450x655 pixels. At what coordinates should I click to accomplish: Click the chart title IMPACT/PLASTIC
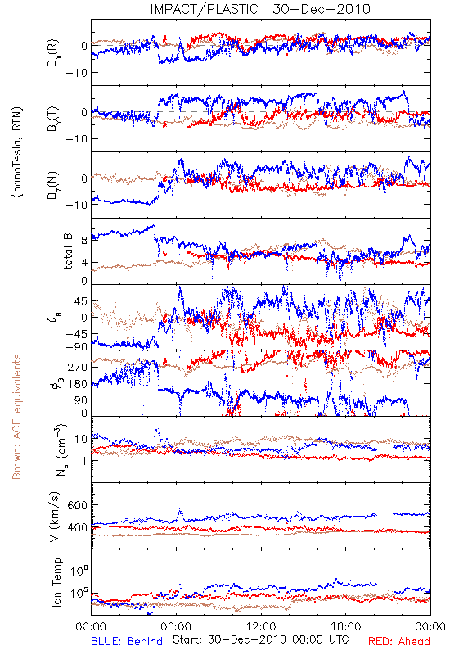(x=204, y=9)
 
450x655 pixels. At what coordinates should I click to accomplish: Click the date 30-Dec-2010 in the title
(x=322, y=9)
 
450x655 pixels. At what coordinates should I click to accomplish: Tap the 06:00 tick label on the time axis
(x=176, y=626)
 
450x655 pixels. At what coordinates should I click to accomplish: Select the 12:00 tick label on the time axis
(x=261, y=626)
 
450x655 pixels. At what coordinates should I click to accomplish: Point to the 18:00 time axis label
(x=346, y=626)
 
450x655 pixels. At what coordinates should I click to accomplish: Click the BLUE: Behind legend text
(x=127, y=641)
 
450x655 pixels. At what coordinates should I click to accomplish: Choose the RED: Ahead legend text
(x=398, y=641)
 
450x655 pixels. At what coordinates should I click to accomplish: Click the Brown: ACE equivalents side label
(x=16, y=417)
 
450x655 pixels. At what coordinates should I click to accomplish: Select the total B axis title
(x=68, y=251)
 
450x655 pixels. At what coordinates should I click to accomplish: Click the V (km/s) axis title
(x=55, y=517)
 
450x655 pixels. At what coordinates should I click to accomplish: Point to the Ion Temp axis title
(x=56, y=582)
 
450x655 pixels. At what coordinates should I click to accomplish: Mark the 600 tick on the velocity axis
(x=78, y=505)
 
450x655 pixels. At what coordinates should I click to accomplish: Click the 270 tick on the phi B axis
(x=78, y=367)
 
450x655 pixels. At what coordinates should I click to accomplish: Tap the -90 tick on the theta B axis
(x=76, y=346)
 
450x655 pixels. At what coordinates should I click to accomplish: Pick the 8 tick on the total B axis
(x=84, y=240)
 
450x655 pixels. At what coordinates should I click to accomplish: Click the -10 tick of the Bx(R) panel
(x=76, y=72)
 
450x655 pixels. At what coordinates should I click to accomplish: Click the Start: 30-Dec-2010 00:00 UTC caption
(x=261, y=639)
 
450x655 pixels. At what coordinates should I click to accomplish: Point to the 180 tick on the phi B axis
(x=78, y=383)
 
